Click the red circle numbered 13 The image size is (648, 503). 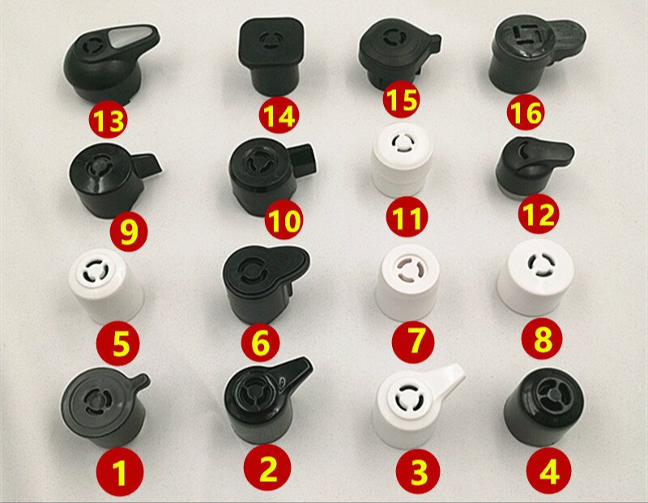click(x=108, y=121)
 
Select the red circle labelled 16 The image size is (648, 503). click(x=526, y=112)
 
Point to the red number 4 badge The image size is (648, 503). click(x=548, y=471)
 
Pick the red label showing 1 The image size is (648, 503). click(x=119, y=471)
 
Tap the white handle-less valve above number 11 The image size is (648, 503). click(x=403, y=164)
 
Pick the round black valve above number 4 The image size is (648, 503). click(x=544, y=407)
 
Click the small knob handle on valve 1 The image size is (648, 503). click(x=139, y=382)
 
